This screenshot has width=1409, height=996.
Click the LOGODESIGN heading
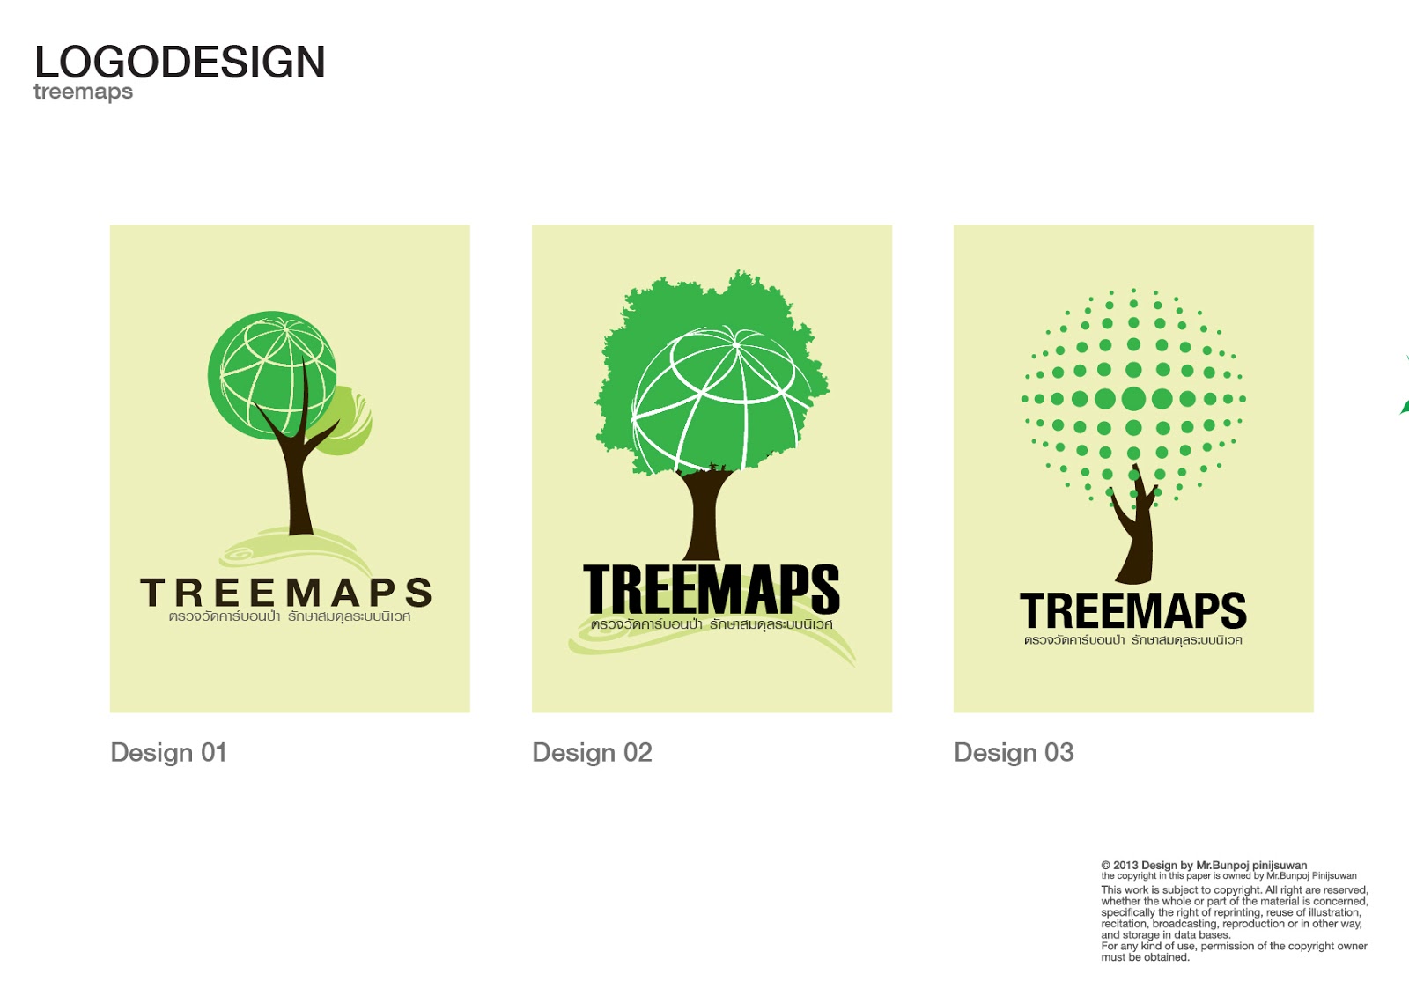coord(180,63)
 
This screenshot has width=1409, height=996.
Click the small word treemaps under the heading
coord(83,92)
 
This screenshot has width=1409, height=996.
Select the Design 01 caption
coord(168,752)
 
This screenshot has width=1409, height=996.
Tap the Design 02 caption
coord(592,752)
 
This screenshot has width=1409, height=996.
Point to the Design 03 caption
coord(1014,752)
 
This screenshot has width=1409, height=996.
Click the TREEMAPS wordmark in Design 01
coord(286,593)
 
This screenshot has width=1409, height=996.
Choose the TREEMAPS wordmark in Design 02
coord(711,589)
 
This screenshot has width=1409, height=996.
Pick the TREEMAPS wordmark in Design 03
coord(1132,610)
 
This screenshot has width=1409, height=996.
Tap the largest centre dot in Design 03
coord(1133,399)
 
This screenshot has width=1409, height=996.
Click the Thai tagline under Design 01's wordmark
coord(289,616)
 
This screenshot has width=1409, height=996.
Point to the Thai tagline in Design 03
coord(1132,640)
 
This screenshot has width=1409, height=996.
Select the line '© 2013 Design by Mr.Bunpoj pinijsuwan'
coord(1203,865)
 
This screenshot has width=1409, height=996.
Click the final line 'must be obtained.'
coord(1145,957)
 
